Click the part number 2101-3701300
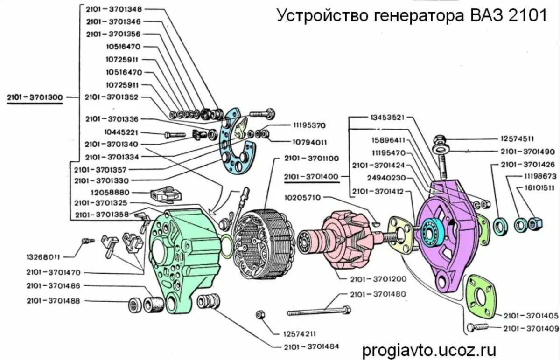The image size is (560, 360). click(x=35, y=97)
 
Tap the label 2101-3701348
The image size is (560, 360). click(x=114, y=9)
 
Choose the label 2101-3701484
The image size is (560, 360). click(x=311, y=346)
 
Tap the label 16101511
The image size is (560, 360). click(x=535, y=188)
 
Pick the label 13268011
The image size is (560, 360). click(x=44, y=256)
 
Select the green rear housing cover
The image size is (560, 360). click(x=187, y=261)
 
